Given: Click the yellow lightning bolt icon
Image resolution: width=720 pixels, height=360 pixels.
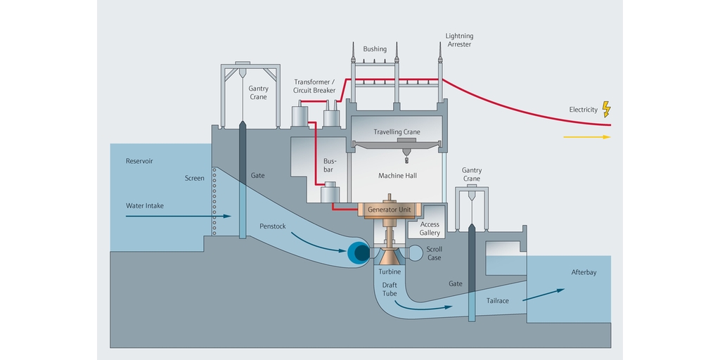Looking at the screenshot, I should [607, 109].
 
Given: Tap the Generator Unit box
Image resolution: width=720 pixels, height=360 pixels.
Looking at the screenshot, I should [390, 210].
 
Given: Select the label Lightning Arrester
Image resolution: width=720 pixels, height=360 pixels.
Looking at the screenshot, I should [459, 40].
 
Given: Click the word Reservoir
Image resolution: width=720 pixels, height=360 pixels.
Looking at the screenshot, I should [139, 161].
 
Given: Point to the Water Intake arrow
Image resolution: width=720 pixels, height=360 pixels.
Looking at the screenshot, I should [179, 217].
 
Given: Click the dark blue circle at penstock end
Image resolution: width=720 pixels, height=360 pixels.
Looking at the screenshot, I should [360, 252].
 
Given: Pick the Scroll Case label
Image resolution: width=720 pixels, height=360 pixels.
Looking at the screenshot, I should [435, 253].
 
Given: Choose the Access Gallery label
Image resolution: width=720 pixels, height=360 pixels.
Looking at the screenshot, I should [430, 229].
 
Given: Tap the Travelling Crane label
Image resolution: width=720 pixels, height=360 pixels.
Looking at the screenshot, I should [397, 131].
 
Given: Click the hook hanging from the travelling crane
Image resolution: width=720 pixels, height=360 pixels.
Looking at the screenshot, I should [406, 160].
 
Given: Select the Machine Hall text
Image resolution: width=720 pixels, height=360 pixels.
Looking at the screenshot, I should [397, 175].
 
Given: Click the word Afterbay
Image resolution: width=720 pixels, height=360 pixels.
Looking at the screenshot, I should [584, 272].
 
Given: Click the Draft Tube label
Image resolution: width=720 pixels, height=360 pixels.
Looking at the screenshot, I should [390, 289].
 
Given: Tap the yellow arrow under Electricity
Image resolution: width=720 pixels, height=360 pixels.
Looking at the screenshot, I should [586, 137].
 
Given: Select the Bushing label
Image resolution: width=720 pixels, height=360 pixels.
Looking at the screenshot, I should [375, 49].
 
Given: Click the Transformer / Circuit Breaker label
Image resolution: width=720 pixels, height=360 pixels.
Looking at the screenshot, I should [315, 86].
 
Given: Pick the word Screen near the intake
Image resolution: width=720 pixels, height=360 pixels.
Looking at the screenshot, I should [195, 178].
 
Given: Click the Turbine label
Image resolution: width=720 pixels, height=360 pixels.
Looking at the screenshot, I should [390, 271].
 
